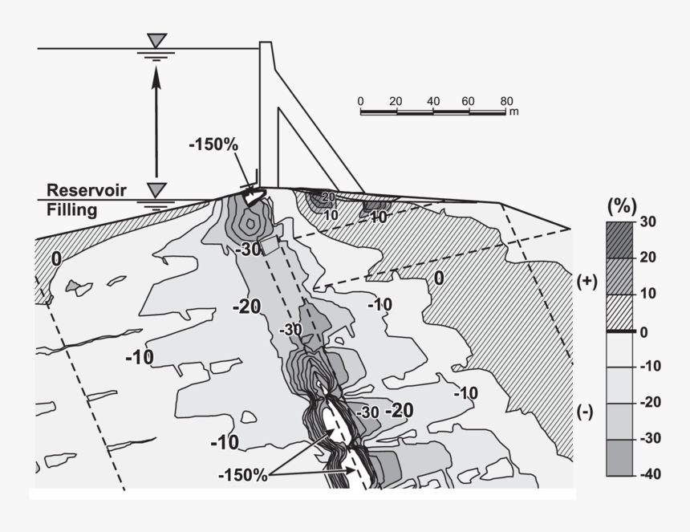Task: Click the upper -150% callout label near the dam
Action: coord(213,145)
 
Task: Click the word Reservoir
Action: coord(87,191)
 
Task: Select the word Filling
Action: coord(71,210)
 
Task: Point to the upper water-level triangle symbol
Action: coord(157,40)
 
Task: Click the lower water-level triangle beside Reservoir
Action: coord(157,189)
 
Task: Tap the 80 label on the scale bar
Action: coord(506,100)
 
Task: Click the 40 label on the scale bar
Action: coord(433,100)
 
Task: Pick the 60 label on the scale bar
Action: coord(470,100)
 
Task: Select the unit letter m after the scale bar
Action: coord(513,112)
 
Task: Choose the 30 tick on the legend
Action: coord(647,221)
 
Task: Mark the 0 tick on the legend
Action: coord(644,331)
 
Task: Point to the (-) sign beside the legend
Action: coord(586,412)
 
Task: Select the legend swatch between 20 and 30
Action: coord(619,239)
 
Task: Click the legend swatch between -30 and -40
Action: coord(619,457)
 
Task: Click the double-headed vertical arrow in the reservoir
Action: coord(157,120)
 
